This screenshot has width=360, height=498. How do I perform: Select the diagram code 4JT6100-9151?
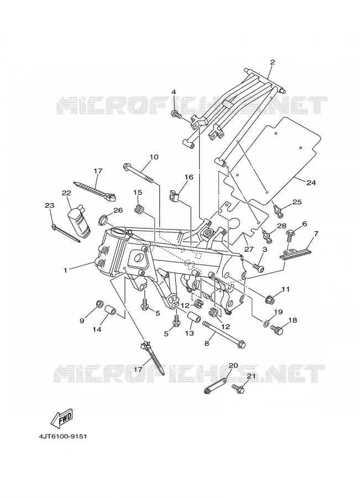coord(63,437)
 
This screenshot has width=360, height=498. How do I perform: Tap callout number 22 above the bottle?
coord(66,193)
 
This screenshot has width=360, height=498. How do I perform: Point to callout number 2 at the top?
coord(272,62)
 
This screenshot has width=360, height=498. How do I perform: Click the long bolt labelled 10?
coord(139,173)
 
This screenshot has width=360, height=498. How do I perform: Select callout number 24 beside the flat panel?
coord(311,183)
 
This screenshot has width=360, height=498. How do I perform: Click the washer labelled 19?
coord(265,324)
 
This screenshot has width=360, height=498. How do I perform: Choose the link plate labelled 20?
coord(215,386)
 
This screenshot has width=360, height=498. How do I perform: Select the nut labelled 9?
coord(99,304)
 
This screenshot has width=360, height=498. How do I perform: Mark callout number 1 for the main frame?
coord(65,270)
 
